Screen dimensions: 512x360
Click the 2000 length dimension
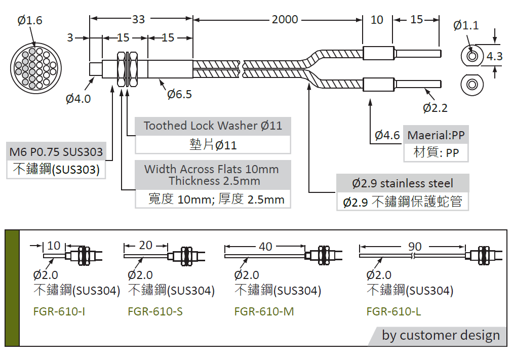(285, 20)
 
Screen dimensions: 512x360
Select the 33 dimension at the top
(138, 20)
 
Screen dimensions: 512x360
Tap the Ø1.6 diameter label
(30, 21)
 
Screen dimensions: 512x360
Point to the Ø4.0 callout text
(78, 99)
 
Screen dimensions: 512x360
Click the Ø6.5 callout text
(180, 94)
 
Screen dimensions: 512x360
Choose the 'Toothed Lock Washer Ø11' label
(213, 126)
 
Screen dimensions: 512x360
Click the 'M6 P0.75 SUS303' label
(56, 152)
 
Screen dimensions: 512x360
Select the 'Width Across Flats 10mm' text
(212, 169)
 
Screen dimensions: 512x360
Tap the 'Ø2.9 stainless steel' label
(403, 183)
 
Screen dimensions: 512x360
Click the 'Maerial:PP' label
(436, 135)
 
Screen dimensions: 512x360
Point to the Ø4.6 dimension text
(387, 135)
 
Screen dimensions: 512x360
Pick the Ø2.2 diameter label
(435, 108)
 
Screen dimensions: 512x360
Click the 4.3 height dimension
(494, 56)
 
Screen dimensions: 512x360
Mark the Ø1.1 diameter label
(466, 25)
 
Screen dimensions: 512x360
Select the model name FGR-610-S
(155, 311)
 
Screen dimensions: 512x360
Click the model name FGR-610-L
(394, 311)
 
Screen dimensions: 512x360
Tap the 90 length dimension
(415, 247)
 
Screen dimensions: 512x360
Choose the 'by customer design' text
(441, 335)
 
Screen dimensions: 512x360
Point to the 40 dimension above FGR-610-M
(265, 247)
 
